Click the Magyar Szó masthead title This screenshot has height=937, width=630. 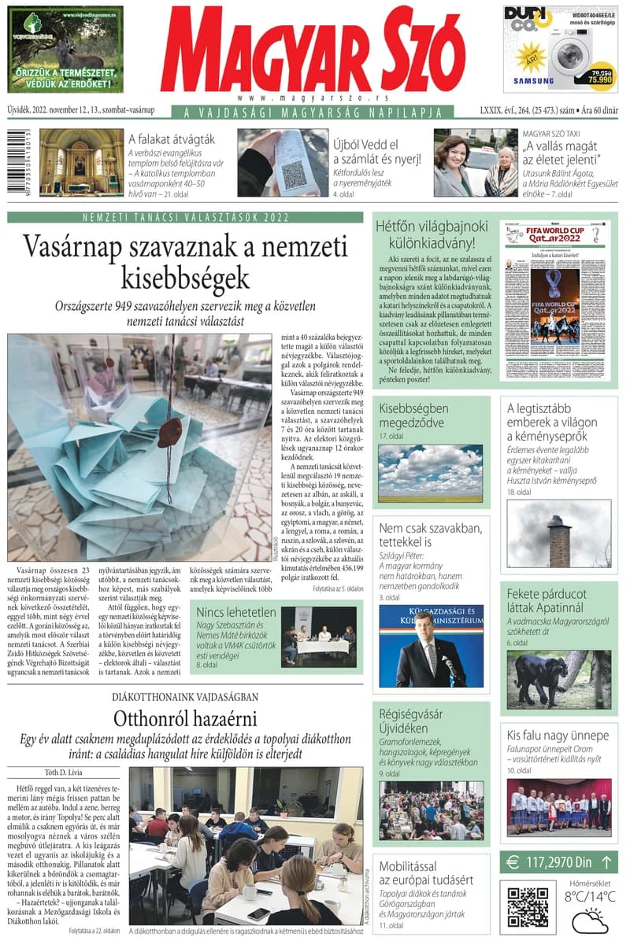[313, 51]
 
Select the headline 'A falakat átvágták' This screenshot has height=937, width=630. [171, 138]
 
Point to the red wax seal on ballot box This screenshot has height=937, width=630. [169, 432]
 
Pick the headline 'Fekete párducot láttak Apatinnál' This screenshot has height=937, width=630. [547, 600]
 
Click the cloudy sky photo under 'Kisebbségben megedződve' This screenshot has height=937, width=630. [430, 474]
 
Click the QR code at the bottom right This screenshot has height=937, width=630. [528, 906]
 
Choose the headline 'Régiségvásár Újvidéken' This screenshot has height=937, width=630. [411, 721]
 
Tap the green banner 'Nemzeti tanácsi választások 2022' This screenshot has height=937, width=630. [185, 218]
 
